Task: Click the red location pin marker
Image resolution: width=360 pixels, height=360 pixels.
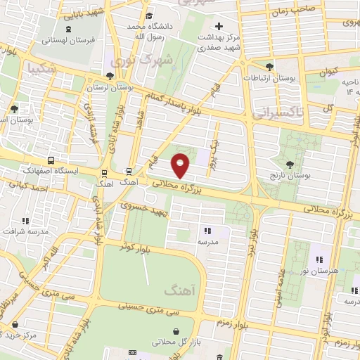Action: (181, 165)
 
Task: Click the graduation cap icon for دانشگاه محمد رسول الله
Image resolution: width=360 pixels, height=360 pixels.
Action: (148, 16)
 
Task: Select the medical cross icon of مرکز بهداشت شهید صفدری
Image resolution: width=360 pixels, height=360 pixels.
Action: (219, 26)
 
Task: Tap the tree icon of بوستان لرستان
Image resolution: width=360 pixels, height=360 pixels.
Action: (108, 76)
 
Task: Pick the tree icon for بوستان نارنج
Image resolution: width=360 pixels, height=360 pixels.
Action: (291, 163)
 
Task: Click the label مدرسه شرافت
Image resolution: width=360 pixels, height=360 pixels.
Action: (27, 231)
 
